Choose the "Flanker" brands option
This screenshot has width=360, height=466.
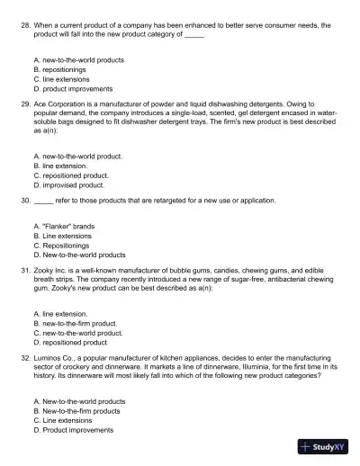pyautogui.click(x=64, y=226)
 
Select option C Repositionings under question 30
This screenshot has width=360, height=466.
pyautogui.click(x=60, y=245)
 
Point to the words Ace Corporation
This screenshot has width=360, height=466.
pyautogui.click(x=59, y=103)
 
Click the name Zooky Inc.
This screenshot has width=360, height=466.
pyautogui.click(x=52, y=268)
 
